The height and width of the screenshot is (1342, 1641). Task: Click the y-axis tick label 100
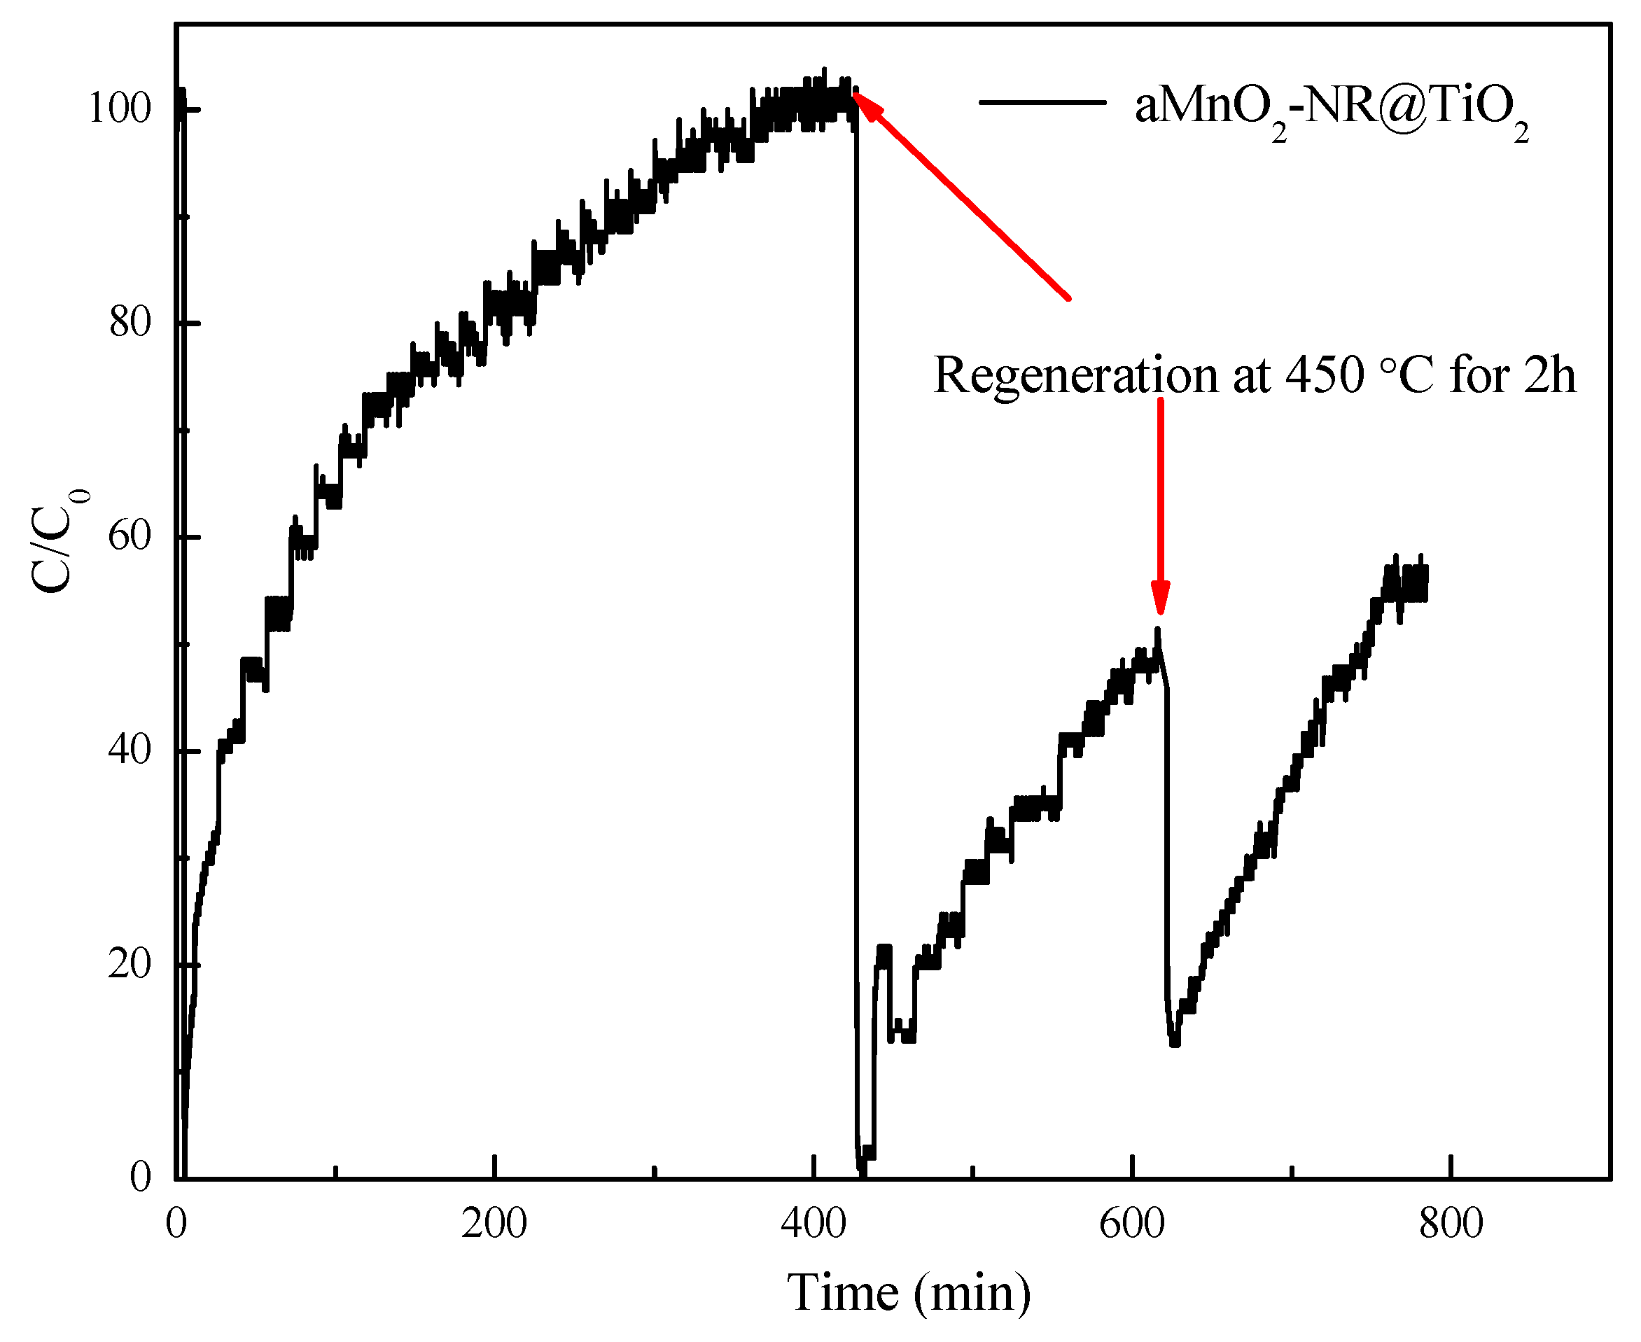coord(119,109)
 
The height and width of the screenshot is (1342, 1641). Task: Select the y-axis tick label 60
coord(129,536)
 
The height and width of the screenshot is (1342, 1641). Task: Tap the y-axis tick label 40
coord(129,750)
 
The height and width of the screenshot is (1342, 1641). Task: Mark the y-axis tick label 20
coord(129,965)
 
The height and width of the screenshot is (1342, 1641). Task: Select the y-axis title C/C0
coord(58,541)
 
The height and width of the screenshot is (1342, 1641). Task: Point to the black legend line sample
coord(1042,102)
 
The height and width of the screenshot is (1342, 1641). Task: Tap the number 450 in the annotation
coord(1324,376)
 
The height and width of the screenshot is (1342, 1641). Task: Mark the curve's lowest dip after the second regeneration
coord(1175,1044)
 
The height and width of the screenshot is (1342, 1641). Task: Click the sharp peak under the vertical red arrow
coord(1158,630)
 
